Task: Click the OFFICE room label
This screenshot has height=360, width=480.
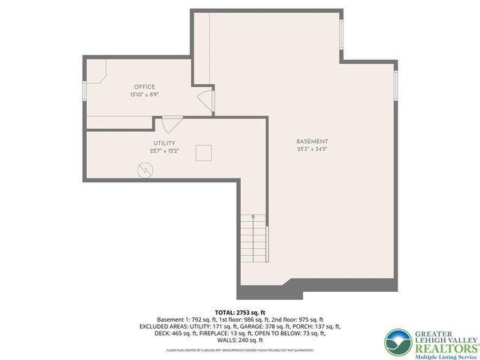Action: point(145,87)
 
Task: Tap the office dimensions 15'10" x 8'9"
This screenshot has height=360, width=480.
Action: point(145,94)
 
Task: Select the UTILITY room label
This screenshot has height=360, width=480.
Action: point(164,143)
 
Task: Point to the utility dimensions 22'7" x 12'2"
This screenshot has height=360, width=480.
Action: point(164,151)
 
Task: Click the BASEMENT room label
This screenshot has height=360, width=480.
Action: point(312,142)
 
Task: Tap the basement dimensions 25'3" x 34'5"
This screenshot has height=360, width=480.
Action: point(312,149)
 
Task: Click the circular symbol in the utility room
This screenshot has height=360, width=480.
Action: point(144,171)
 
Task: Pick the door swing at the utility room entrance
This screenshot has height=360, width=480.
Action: point(170,124)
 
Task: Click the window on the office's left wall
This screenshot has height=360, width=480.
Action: point(85,91)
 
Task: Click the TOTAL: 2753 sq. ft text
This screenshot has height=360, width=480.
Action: point(240,311)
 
